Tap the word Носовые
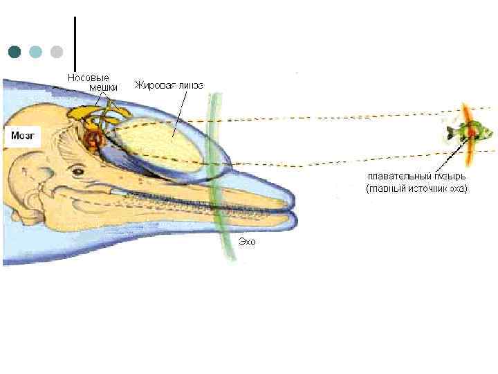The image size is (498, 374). [88, 78]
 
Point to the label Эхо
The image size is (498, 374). [247, 241]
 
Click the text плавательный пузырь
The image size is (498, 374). [415, 177]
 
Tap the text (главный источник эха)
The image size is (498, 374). [416, 188]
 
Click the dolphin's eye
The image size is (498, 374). [78, 170]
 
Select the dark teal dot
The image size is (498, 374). [14, 52]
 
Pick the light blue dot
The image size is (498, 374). [35, 52]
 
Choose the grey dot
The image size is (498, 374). [57, 52]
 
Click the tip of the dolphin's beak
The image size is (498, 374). [293, 208]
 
